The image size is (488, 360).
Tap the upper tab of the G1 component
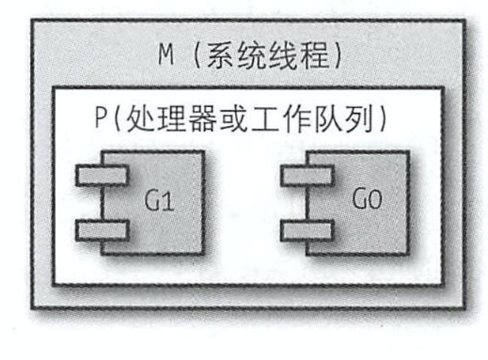(102, 175)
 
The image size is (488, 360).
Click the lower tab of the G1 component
(102, 230)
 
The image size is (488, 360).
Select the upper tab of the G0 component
(307, 175)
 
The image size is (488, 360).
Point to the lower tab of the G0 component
(307, 230)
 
